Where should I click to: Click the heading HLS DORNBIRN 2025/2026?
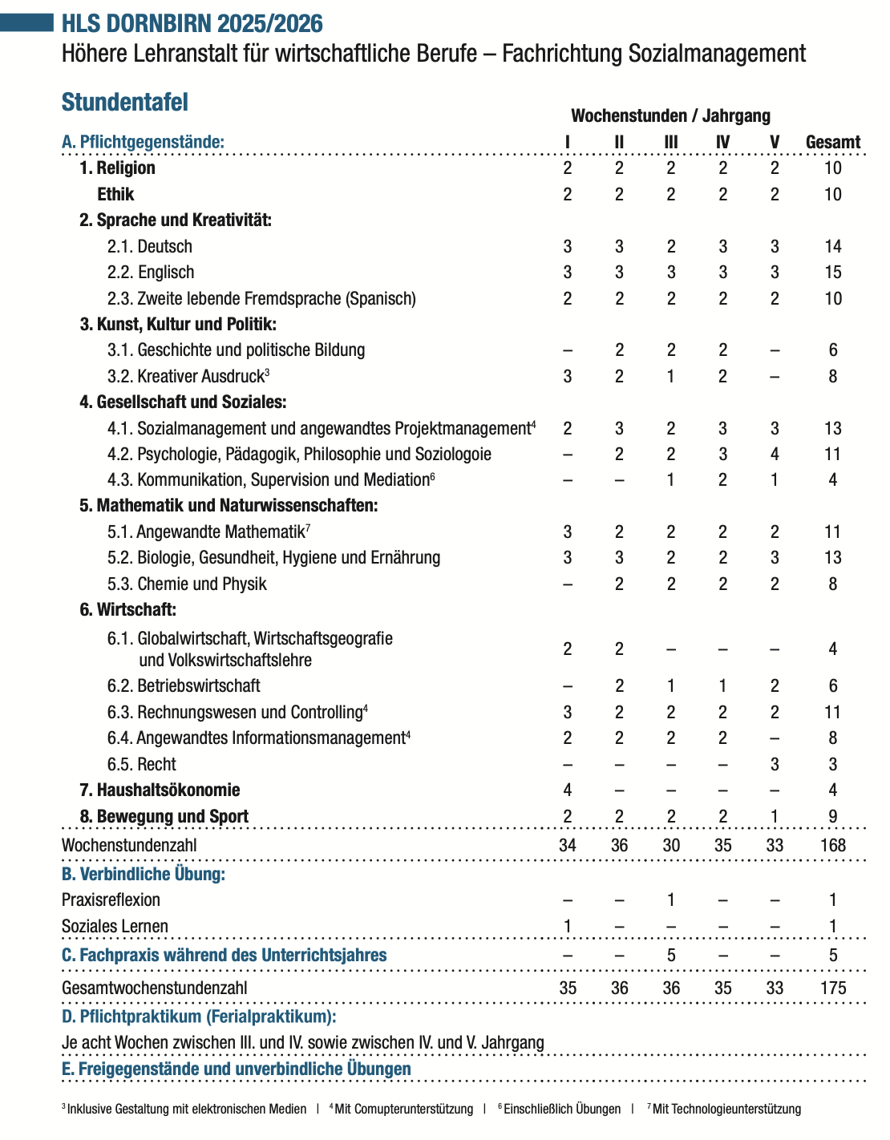(192, 23)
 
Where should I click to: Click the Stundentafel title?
(125, 103)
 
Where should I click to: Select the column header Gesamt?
(832, 142)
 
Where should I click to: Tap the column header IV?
(722, 142)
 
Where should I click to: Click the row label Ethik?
(115, 194)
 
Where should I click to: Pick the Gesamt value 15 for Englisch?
(832, 273)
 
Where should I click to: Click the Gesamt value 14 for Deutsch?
(832, 247)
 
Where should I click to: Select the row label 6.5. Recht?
(141, 764)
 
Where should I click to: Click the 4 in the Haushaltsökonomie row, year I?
(568, 790)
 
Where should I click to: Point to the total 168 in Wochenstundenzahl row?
(832, 845)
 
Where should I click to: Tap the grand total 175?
(832, 988)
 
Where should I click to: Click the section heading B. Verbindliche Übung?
(144, 874)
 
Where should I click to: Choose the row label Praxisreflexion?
(111, 899)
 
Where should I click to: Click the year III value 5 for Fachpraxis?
(671, 955)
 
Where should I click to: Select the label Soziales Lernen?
(115, 926)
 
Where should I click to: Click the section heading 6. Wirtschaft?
(127, 609)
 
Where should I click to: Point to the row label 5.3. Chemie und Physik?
(187, 584)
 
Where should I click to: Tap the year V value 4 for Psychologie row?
(775, 455)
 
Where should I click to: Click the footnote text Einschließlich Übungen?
(561, 1109)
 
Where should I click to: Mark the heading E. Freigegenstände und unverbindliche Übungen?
(237, 1069)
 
